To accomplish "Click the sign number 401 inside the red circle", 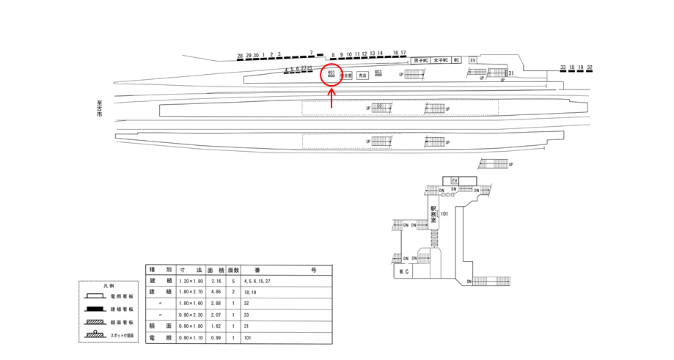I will pos(331,73).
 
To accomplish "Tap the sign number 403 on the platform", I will pos(378,72).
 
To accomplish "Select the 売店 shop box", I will pos(362,76).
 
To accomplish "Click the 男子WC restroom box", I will pos(421,60).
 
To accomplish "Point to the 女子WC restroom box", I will pos(440,60).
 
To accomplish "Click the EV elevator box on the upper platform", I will pos(473,59).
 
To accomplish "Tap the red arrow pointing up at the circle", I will pos(332,98).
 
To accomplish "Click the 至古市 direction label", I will pos(99,111).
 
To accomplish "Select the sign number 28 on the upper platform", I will pos(240,56).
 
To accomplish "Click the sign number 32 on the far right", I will pos(590,67).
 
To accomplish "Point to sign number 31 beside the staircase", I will pos(510,74).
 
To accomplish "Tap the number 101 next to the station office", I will pos(444,214).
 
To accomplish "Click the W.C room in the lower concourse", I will pos(403,271).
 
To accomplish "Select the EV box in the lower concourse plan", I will pos(455,180).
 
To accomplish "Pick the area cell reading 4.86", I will pos(216,291).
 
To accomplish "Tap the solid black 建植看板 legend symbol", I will pos(95,309).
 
